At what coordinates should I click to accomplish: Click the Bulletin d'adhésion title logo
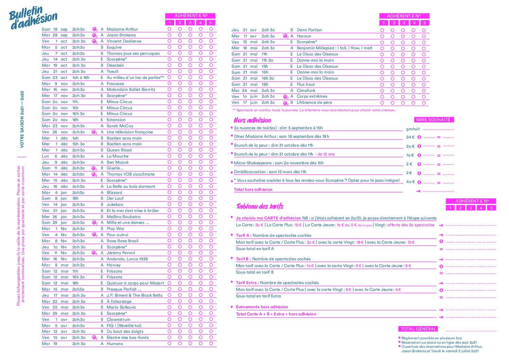tap(33, 18)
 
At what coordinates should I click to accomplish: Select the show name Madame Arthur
tap(122, 29)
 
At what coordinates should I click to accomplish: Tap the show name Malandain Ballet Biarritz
tap(131, 89)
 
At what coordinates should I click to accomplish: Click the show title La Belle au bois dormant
tap(131, 186)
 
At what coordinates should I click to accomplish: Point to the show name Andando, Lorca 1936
tap(127, 259)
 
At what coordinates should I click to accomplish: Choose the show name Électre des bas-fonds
tap(128, 338)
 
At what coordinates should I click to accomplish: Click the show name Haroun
tap(304, 36)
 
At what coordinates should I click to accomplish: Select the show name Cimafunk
tap(306, 91)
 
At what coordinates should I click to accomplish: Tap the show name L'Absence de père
tap(314, 102)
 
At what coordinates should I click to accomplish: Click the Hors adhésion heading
tap(252, 120)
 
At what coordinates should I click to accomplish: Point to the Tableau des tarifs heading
tap(260, 206)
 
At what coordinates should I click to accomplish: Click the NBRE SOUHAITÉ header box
tap(433, 120)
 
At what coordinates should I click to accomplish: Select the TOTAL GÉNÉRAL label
tap(418, 329)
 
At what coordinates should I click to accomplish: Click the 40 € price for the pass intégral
tap(410, 182)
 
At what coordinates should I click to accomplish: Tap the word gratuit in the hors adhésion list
tap(413, 129)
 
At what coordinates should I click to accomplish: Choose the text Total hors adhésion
tap(253, 190)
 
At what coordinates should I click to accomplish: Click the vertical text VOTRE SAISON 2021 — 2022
tap(22, 119)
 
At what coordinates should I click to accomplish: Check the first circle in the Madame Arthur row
tap(169, 29)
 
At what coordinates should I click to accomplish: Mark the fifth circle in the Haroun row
tap(424, 36)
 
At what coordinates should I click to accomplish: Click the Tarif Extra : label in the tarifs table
tap(247, 283)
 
